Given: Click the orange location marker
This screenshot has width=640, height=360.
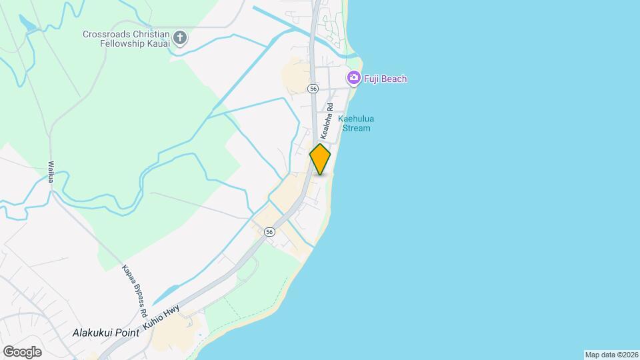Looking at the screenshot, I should (320, 159).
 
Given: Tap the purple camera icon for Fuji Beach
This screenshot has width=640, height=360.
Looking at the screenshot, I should (353, 79).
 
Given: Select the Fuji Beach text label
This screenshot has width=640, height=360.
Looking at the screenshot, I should (385, 79).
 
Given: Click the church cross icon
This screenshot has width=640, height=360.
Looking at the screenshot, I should (179, 38).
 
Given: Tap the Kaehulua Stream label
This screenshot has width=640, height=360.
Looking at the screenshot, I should (356, 123).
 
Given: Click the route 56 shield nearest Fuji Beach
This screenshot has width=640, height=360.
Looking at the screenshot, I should (313, 89).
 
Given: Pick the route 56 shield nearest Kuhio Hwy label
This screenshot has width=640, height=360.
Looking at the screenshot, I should (269, 231).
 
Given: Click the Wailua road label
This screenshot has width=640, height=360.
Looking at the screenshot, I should (51, 173).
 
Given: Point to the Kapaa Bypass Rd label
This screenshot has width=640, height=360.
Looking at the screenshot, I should (134, 291).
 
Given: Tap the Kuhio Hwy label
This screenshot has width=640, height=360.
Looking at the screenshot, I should (162, 319).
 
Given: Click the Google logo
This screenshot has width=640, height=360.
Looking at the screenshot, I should (22, 351).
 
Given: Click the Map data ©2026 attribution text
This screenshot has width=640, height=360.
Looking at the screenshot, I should (611, 355).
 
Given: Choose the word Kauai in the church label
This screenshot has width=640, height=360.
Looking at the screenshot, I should (157, 43).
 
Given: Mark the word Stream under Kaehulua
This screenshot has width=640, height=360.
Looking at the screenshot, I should (356, 128).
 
